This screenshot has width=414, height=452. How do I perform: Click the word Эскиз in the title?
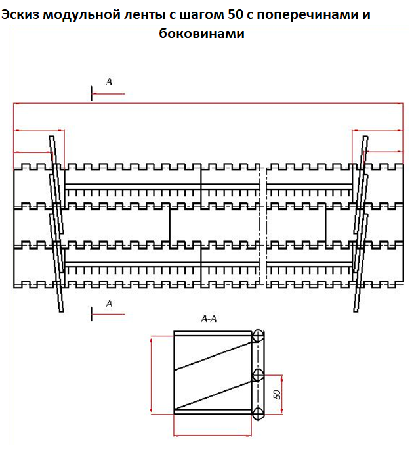[x=20, y=14]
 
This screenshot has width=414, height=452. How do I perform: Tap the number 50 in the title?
[x=236, y=14]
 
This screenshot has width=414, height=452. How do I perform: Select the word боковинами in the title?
[x=202, y=33]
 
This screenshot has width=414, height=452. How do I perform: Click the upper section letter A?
[x=109, y=81]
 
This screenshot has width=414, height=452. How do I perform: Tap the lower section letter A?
[x=109, y=304]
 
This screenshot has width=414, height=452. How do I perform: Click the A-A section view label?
[x=209, y=319]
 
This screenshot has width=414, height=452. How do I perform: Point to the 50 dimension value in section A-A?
[x=277, y=394]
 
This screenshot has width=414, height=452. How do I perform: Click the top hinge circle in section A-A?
[x=258, y=336]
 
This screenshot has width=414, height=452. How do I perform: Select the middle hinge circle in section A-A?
[x=258, y=375]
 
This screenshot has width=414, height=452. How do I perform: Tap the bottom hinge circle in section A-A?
[x=258, y=414]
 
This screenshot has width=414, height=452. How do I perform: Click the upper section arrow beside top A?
[x=108, y=94]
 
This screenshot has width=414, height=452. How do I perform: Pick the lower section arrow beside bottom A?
[x=108, y=314]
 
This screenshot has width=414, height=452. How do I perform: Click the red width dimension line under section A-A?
[x=213, y=435]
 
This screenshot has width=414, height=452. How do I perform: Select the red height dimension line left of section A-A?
[x=152, y=375]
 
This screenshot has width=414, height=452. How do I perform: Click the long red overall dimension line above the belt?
[x=208, y=103]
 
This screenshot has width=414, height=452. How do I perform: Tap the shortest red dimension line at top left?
[x=33, y=152]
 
